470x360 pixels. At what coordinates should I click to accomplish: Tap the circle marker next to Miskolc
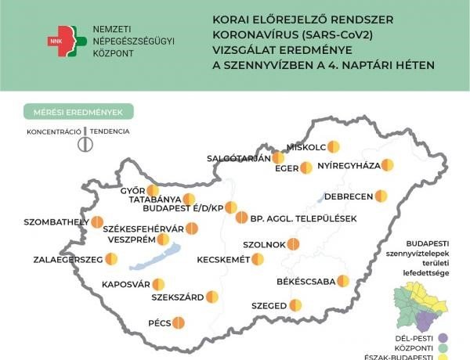(x=334, y=146)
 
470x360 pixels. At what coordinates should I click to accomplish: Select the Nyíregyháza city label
(x=349, y=165)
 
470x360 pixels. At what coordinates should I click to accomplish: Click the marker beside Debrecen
(x=381, y=196)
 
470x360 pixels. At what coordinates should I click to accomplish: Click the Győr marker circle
(x=153, y=190)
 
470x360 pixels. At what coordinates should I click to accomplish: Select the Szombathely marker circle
(x=97, y=222)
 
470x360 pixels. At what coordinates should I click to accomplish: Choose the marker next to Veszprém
(x=163, y=239)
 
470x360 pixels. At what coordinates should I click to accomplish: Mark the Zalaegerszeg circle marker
(x=111, y=259)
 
